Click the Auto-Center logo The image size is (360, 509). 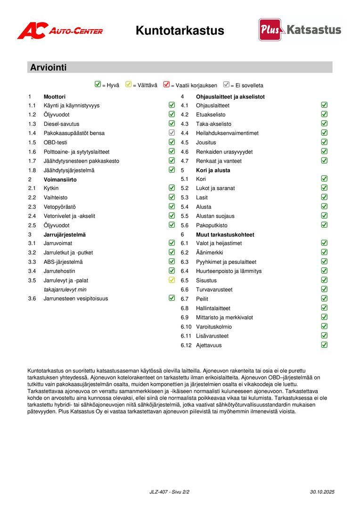point(60,31)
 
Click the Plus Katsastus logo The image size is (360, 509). point(300,30)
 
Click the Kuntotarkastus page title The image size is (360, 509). point(180,31)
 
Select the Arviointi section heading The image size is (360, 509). point(49,67)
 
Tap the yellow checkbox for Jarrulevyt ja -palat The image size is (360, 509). point(172,280)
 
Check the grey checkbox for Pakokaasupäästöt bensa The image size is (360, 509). point(172,133)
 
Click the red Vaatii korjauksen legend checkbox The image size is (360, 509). point(166,85)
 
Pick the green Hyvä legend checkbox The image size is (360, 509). point(98,85)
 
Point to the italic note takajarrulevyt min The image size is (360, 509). point(65,289)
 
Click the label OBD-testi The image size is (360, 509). point(56,142)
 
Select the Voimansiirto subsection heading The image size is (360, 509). point(60,180)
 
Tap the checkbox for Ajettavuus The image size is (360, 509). point(324,345)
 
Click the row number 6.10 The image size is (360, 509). point(186,327)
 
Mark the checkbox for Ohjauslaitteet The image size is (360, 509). point(324,105)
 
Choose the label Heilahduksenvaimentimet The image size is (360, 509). point(227,133)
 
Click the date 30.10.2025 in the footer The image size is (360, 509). point(322,492)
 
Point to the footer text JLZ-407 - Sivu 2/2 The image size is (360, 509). point(170,492)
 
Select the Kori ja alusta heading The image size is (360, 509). point(213,170)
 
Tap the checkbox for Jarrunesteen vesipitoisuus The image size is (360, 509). point(172,298)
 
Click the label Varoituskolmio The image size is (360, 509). point(214,327)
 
